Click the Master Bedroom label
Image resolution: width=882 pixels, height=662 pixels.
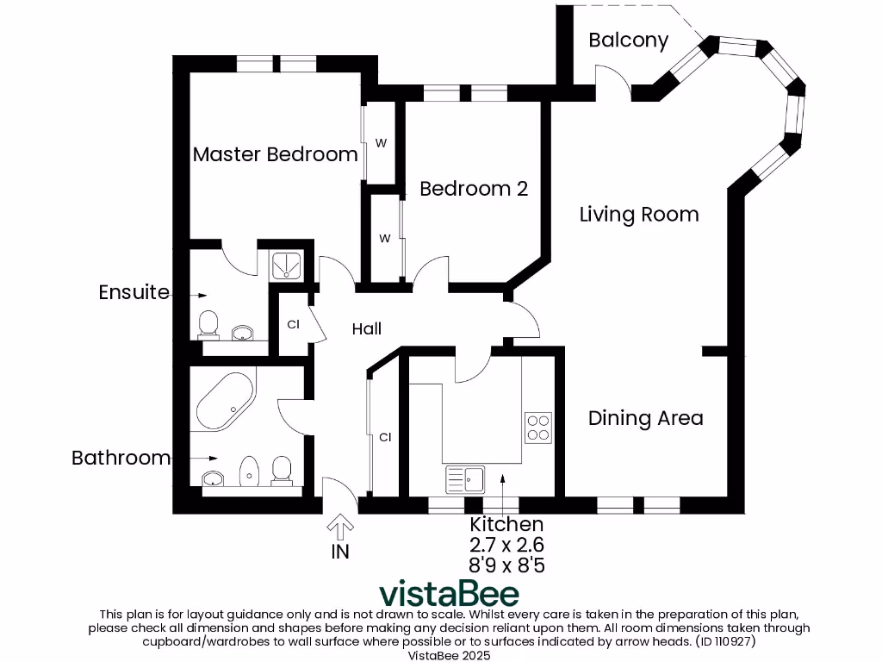click(275, 154)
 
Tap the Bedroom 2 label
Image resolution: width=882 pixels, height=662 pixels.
click(473, 189)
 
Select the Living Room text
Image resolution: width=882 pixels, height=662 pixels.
click(638, 215)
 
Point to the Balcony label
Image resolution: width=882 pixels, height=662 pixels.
click(628, 41)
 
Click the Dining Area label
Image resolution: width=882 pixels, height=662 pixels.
click(645, 418)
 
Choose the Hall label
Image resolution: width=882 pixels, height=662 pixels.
click(366, 328)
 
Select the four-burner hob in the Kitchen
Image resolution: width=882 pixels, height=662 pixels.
click(538, 427)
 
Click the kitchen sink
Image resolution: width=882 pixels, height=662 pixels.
click(465, 478)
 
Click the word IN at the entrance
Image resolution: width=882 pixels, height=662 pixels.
click(340, 552)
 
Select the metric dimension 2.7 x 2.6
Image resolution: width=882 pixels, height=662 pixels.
click(506, 545)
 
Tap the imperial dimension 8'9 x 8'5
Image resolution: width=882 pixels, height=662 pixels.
click(506, 565)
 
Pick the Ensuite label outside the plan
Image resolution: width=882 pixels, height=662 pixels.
click(134, 292)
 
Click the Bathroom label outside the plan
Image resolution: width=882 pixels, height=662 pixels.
click(121, 458)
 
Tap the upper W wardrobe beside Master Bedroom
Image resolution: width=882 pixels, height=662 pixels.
click(380, 143)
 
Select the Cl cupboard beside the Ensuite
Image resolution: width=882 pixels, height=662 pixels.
click(293, 325)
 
